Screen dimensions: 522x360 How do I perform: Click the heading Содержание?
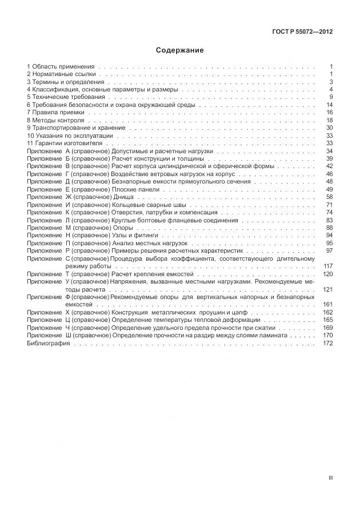(x=179, y=50)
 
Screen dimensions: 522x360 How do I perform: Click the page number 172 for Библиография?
(x=327, y=344)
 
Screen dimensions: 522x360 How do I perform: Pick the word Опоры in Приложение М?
(x=122, y=228)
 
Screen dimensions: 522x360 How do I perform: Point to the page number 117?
(x=327, y=266)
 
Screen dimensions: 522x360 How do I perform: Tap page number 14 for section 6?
(x=329, y=105)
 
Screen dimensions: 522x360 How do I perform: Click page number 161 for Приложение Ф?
(x=327, y=305)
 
